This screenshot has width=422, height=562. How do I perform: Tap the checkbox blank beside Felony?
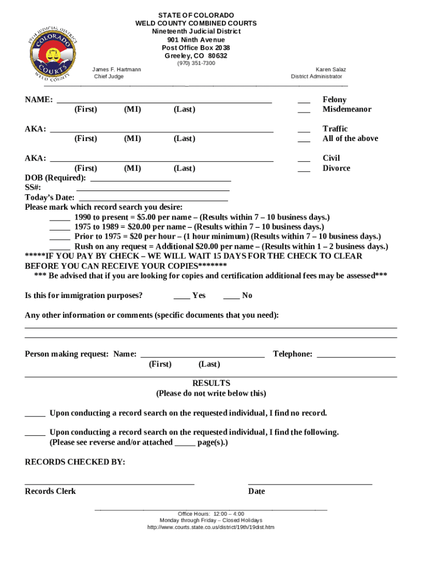tap(304, 101)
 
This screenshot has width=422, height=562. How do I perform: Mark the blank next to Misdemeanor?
tap(304, 110)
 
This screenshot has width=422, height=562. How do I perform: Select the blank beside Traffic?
tap(304, 130)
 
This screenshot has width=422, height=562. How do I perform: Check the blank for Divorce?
tap(304, 170)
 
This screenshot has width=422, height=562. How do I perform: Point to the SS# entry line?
tap(152, 189)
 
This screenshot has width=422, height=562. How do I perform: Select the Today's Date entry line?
tap(153, 199)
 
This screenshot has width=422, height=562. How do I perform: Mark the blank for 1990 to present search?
tap(60, 218)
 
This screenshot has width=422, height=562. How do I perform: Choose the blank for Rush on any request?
tap(60, 248)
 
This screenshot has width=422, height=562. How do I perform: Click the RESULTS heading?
tap(211, 383)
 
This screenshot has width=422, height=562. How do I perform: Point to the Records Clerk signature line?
tap(110, 484)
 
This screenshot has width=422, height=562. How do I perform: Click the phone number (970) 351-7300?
tap(196, 63)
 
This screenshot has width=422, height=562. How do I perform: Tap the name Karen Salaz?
tap(330, 70)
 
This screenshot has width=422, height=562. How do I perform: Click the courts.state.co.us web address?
tap(211, 527)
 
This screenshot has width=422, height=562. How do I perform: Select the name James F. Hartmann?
tap(116, 70)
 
